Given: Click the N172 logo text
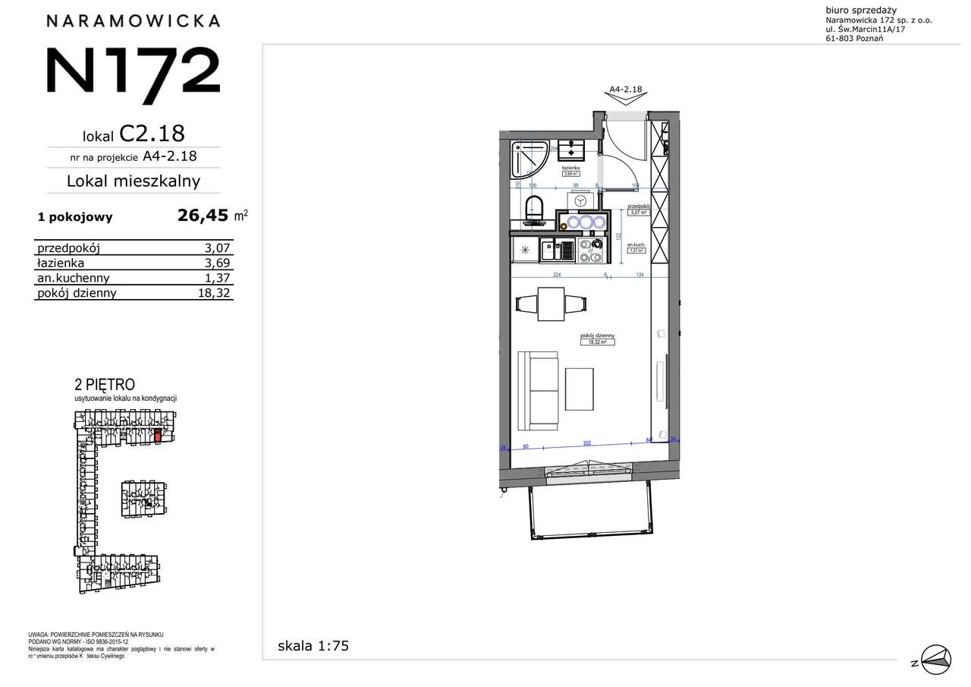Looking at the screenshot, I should point(134,70).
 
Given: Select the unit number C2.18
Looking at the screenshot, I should point(152,134).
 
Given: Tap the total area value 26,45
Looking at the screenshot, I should point(203,216).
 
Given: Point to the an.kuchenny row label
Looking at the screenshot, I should point(74,278).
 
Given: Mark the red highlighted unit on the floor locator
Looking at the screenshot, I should point(158,435).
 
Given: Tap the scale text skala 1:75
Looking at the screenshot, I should point(313,646).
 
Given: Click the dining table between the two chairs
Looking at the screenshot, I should point(551,303).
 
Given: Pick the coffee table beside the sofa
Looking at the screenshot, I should point(580,389).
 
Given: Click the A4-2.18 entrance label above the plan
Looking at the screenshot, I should point(626,89).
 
